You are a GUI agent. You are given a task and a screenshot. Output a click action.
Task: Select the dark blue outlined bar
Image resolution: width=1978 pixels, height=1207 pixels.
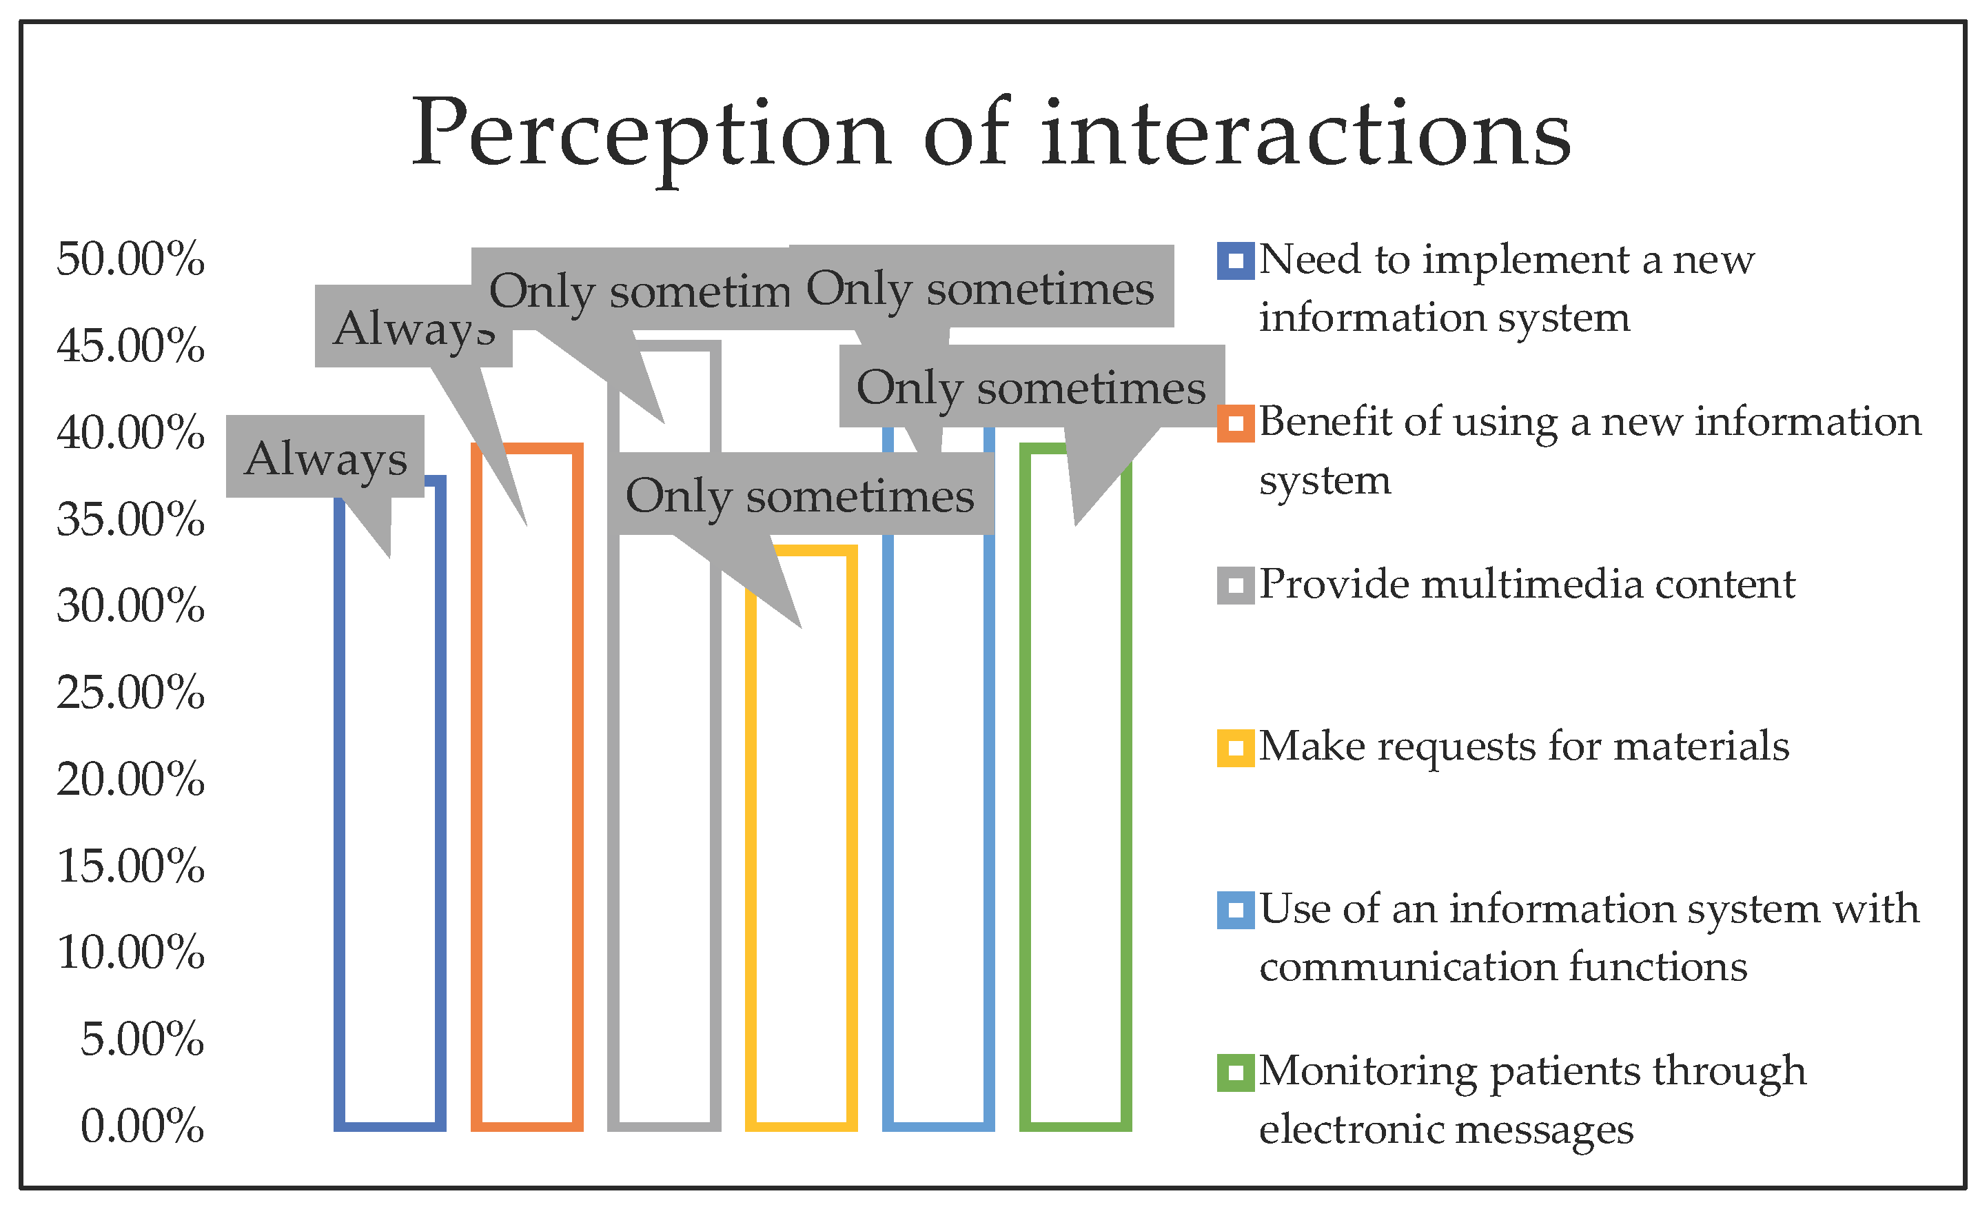point(389,843)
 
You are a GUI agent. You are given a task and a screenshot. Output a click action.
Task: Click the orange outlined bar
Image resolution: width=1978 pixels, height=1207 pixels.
point(527,843)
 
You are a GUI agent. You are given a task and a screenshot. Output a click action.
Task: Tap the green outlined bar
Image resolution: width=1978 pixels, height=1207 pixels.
point(1076,843)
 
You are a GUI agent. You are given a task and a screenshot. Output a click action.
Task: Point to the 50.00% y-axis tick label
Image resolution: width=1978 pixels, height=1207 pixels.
point(130,259)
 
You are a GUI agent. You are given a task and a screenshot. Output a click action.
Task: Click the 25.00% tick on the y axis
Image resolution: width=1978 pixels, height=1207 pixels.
point(130,692)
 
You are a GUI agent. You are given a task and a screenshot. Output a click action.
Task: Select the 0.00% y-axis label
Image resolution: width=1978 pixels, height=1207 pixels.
point(142,1126)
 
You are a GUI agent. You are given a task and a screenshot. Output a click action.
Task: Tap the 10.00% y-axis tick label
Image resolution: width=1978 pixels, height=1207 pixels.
point(130,953)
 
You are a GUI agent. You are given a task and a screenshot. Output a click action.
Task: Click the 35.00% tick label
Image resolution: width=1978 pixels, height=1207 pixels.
point(130,520)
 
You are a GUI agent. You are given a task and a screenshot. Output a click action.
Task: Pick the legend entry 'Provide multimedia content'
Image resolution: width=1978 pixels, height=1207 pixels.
point(1525,585)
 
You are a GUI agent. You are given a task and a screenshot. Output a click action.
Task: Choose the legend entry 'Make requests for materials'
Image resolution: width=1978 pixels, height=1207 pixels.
point(1523,747)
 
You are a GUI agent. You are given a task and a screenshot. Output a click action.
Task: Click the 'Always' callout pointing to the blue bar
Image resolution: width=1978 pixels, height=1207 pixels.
point(325,458)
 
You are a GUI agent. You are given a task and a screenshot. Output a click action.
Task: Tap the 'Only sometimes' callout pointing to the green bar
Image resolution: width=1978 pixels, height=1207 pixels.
point(1031,387)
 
